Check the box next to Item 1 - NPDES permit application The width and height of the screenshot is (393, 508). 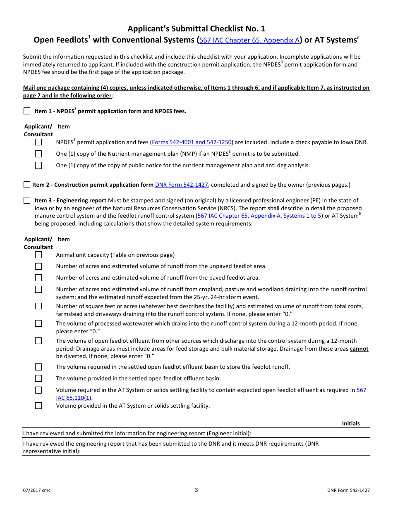coord(27,111)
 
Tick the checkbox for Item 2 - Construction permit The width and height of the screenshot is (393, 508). coord(27,185)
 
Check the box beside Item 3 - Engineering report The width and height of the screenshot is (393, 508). coord(27,200)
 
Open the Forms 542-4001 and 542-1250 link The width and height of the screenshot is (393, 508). coord(192,142)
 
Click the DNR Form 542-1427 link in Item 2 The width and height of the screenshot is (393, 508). coord(181,185)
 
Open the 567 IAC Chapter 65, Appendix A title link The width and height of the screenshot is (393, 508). coord(249,40)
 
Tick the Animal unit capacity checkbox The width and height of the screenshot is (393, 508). coord(38,255)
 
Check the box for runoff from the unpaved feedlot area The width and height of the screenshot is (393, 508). coord(38,266)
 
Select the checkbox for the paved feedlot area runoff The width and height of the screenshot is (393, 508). coord(38,278)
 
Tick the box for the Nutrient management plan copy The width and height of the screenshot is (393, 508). coord(38,154)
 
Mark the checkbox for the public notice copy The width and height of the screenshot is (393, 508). coord(38,165)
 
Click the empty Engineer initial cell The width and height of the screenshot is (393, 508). coord(355,433)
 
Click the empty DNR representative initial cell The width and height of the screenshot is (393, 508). coord(355,447)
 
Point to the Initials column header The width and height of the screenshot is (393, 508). coord(351,423)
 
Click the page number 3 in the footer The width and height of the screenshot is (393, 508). coord(196,490)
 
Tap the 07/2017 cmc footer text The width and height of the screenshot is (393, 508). coord(37,490)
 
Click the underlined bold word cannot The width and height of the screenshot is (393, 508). coord(359,349)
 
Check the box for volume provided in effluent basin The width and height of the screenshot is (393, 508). coord(38,378)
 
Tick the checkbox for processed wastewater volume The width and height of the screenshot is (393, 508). coord(38,323)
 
